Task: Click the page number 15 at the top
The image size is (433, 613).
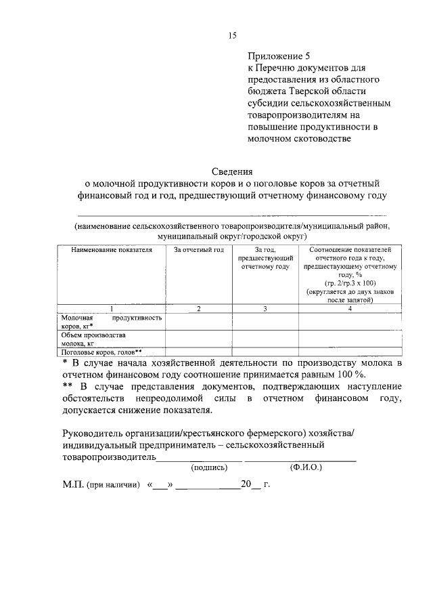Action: click(x=231, y=35)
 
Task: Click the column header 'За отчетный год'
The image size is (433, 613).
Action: click(x=199, y=250)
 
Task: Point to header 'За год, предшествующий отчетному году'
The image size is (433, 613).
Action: click(x=265, y=258)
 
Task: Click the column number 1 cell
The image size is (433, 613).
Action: click(x=112, y=309)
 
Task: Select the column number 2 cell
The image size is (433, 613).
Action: click(x=199, y=309)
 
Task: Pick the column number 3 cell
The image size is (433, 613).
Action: click(x=265, y=309)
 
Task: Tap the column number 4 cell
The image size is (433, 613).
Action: click(x=350, y=309)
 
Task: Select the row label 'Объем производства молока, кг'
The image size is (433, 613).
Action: click(x=95, y=339)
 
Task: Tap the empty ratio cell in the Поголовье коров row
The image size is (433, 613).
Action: click(x=350, y=351)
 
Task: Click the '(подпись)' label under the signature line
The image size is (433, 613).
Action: click(x=209, y=467)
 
